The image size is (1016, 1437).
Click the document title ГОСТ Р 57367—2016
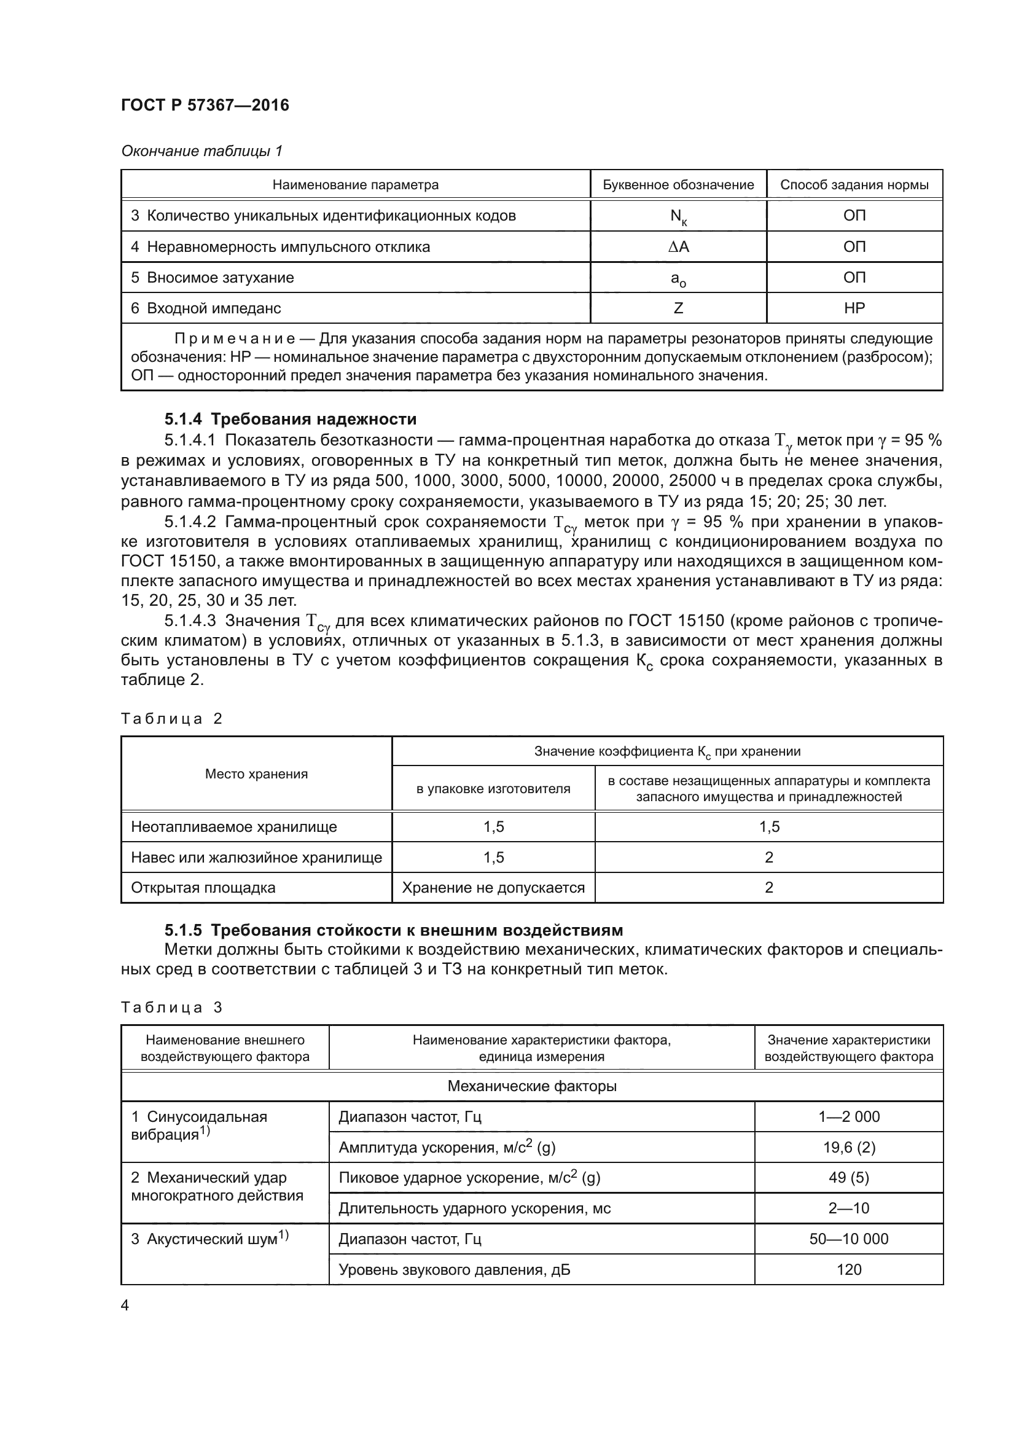(x=205, y=105)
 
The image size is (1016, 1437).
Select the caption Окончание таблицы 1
(x=201, y=151)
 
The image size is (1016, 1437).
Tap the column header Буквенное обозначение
(x=678, y=185)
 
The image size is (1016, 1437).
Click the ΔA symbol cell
(x=678, y=246)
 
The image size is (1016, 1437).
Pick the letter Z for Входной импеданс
(x=678, y=308)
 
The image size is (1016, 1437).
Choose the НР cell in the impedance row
(x=854, y=308)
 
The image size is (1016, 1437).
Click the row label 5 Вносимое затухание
(x=212, y=277)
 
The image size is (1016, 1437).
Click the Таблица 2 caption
(x=171, y=719)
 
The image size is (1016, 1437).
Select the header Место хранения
(x=257, y=773)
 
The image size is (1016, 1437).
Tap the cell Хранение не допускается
(x=493, y=888)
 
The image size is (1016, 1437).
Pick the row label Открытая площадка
(x=203, y=888)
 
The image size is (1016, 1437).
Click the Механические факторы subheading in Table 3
(x=532, y=1086)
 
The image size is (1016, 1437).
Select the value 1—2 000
(x=848, y=1116)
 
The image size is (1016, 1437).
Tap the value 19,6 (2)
(x=848, y=1147)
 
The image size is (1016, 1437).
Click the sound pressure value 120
(x=848, y=1269)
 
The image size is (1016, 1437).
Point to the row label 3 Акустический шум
(x=209, y=1239)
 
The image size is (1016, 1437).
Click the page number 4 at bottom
(x=125, y=1306)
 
